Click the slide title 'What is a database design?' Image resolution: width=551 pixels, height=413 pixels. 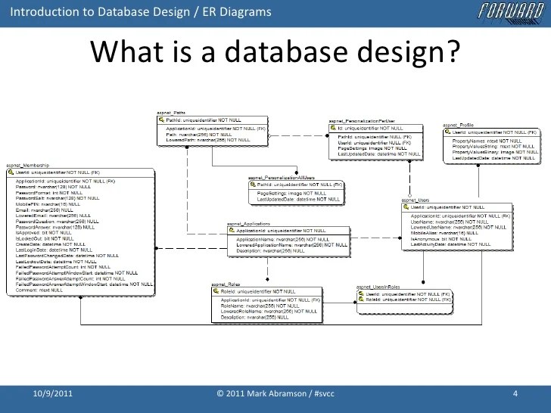coord(275,54)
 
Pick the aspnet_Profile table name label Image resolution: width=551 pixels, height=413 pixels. coord(458,124)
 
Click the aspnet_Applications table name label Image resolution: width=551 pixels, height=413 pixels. coord(249,223)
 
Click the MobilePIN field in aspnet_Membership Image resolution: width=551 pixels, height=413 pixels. coord(38,204)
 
